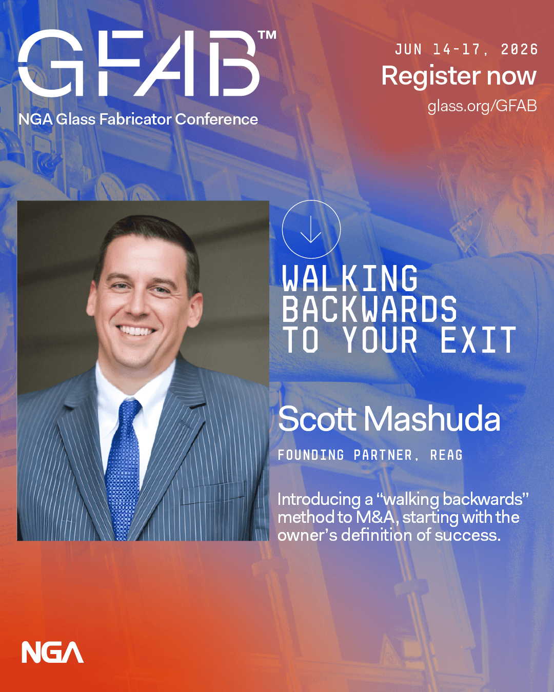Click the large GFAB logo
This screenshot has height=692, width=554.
coord(138,64)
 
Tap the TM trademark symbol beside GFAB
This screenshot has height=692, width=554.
coord(267,35)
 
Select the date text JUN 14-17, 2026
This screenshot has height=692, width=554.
coord(466,50)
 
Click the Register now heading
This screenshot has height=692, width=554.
coord(459,76)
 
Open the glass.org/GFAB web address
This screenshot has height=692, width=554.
coord(482,106)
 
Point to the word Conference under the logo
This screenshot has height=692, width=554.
coord(216,119)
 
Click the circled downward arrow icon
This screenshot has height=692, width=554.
coord(311,229)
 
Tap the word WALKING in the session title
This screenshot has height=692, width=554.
coord(350,278)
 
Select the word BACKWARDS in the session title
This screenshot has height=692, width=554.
coord(369,309)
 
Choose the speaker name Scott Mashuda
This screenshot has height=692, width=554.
coord(389,418)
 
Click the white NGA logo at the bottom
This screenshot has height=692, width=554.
coord(52,652)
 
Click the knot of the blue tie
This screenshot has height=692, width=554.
coord(129,410)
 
